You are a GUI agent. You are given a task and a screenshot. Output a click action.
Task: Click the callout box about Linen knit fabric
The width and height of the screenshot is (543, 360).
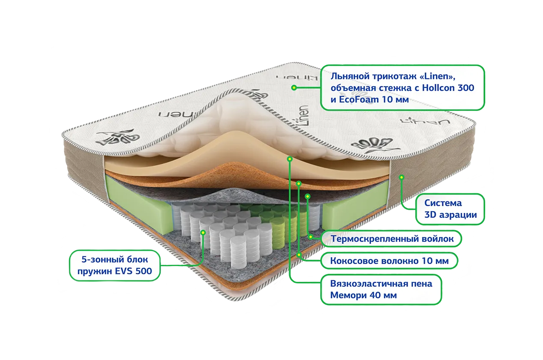(x=403, y=88)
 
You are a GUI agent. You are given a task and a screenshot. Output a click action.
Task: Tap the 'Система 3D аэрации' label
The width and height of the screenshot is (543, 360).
(x=450, y=209)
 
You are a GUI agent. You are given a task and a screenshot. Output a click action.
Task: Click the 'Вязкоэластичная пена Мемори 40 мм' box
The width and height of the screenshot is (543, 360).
(x=381, y=289)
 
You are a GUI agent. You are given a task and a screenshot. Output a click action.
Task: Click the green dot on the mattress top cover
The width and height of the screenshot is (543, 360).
(x=294, y=88)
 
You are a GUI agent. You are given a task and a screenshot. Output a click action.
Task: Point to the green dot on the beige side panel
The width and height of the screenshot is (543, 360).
(x=401, y=177)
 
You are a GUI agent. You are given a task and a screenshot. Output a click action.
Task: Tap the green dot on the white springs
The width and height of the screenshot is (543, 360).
(x=203, y=232)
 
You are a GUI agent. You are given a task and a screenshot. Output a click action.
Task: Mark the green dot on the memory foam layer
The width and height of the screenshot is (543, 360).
(x=289, y=159)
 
